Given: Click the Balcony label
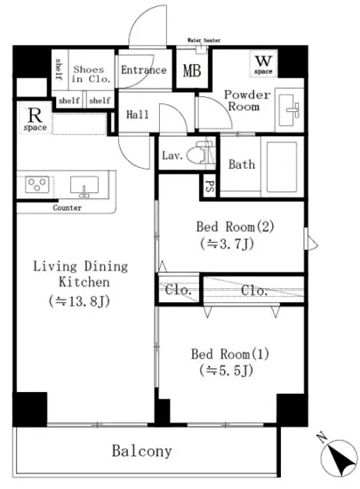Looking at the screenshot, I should coord(142,452).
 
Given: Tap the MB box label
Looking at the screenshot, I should coord(190,71).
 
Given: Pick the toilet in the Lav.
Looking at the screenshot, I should coord(206,155).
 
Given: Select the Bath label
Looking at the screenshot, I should coord(242,164).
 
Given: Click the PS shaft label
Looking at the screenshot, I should coord(211,186).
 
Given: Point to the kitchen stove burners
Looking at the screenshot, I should coord(38,186).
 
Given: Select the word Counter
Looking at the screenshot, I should coord(67,208).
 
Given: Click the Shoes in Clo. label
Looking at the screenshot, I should coord(89,76).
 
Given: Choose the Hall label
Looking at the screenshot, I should coord(138,114).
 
